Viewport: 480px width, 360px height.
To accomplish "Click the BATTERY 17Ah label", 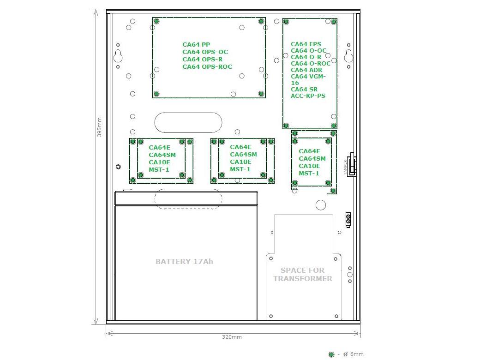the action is point(184,261).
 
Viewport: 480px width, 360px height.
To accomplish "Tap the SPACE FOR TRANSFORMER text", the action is point(303,274).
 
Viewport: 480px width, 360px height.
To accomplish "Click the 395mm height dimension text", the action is point(99,127).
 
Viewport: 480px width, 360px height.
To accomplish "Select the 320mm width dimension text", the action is point(232,337).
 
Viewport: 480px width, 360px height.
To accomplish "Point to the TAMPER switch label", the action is point(345,167).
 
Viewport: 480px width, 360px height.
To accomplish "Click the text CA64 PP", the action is point(196,45).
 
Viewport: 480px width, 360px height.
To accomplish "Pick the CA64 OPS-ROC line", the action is point(207,67).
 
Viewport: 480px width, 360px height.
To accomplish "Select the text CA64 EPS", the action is point(306,44).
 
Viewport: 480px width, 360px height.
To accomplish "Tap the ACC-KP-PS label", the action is point(308,96).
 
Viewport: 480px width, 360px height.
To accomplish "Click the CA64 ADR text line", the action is point(306,70).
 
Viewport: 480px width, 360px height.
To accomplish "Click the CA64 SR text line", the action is point(304,90).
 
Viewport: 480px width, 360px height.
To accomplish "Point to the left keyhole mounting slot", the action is point(118,56).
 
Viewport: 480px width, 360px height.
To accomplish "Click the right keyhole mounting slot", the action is point(348,56).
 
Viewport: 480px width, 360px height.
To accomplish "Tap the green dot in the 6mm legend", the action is point(331,354).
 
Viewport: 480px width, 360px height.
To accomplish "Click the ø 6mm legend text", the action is point(353,354).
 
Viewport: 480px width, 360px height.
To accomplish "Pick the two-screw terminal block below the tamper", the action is point(348,220).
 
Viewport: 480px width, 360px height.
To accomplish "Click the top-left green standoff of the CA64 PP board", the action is point(156,21).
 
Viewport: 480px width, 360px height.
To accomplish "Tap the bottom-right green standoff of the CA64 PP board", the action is point(261,94).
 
